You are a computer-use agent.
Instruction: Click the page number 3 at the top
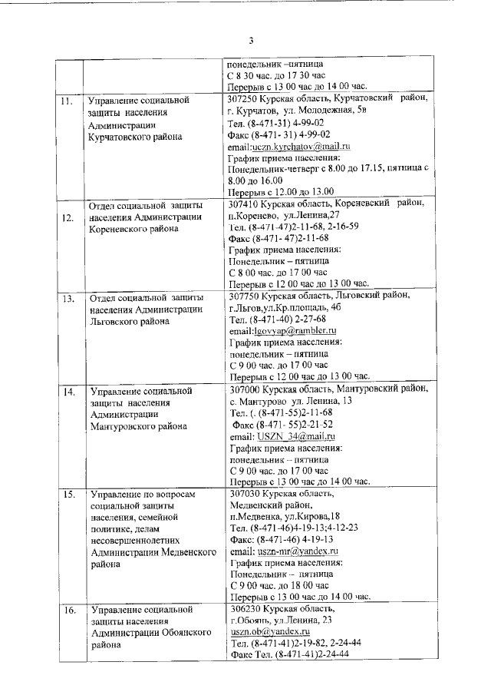[x=251, y=41]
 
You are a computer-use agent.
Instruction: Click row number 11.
[x=68, y=101]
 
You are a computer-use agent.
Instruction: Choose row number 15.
[x=68, y=494]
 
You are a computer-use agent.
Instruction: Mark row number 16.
[x=68, y=610]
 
